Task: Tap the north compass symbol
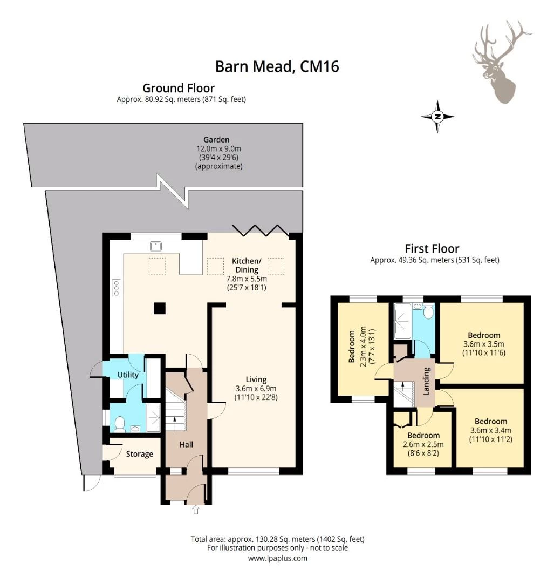[437, 117]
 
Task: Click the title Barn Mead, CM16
[277, 66]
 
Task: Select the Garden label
[216, 140]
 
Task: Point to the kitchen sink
[156, 246]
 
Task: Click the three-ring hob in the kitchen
[117, 288]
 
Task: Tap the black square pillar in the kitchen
[160, 309]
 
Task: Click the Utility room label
[128, 375]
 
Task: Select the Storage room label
[139, 454]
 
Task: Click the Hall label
[186, 444]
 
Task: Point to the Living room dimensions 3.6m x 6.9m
[256, 389]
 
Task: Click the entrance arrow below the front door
[196, 510]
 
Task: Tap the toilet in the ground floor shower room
[120, 424]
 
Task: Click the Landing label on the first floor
[426, 381]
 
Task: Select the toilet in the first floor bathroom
[428, 311]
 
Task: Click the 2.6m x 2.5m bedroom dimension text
[423, 444]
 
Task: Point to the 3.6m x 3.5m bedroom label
[484, 344]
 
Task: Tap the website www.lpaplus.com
[278, 558]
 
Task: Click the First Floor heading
[432, 248]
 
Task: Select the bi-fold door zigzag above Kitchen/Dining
[260, 230]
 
